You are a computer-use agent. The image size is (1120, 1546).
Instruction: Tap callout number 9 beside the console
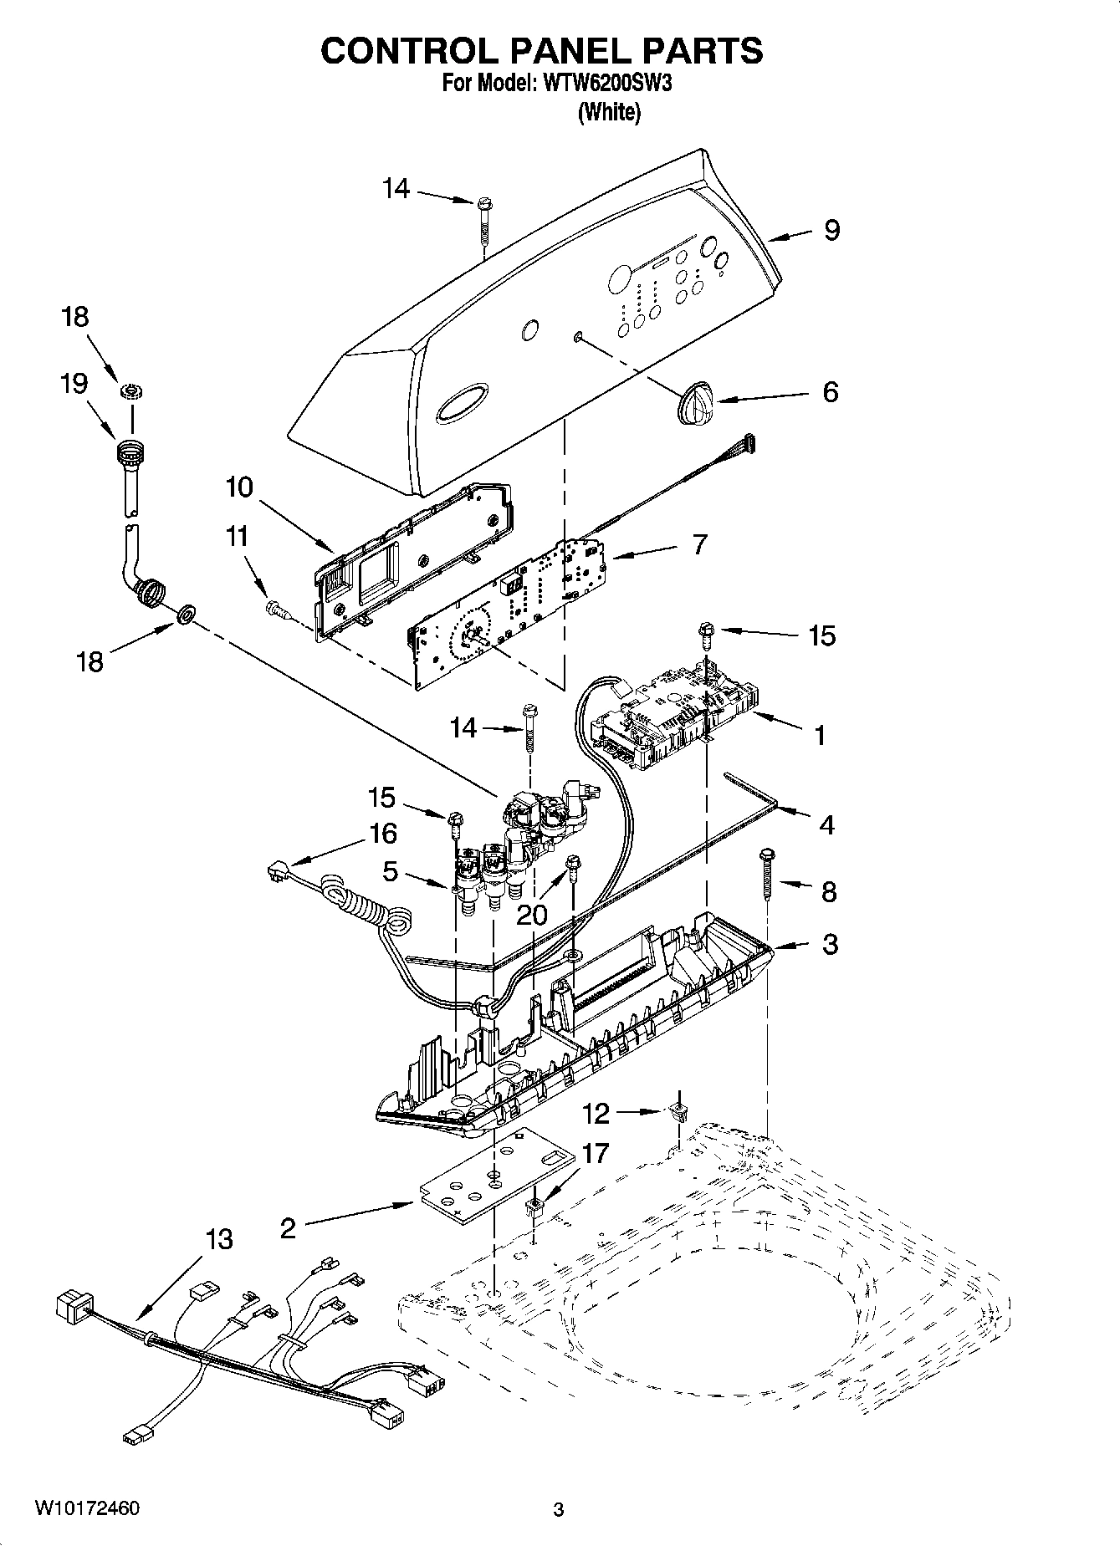(831, 230)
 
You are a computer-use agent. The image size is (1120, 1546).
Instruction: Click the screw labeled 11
(278, 610)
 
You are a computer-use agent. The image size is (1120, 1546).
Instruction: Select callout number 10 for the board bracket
(239, 487)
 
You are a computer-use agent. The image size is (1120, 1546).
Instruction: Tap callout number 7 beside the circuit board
(699, 544)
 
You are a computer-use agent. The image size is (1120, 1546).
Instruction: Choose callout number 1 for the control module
(820, 735)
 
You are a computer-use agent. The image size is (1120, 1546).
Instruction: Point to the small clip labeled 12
(678, 1112)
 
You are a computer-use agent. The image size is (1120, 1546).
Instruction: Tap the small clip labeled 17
(534, 1207)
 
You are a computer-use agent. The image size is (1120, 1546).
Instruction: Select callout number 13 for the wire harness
(219, 1238)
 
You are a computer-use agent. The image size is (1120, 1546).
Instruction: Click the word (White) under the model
(609, 112)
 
